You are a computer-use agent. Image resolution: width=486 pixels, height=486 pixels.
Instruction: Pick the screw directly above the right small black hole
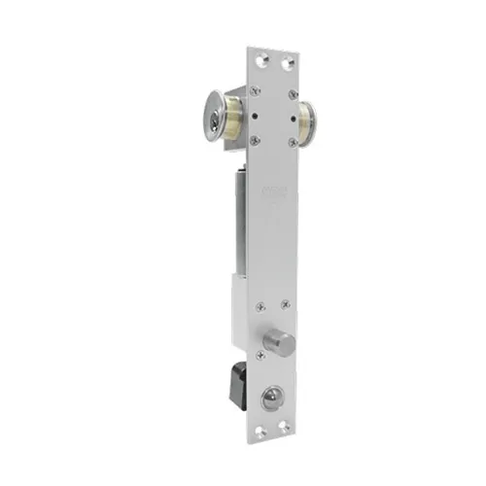point(291,92)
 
